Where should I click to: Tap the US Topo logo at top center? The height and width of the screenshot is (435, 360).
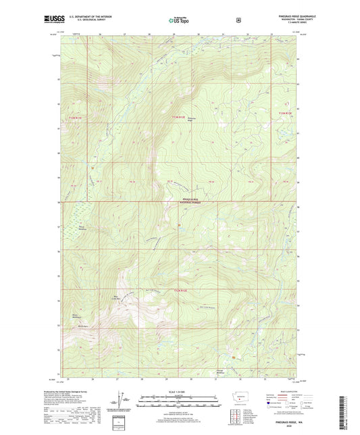(179, 21)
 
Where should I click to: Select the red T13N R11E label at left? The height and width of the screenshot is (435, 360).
(74, 117)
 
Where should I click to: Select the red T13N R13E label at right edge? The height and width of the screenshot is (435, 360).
(287, 112)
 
